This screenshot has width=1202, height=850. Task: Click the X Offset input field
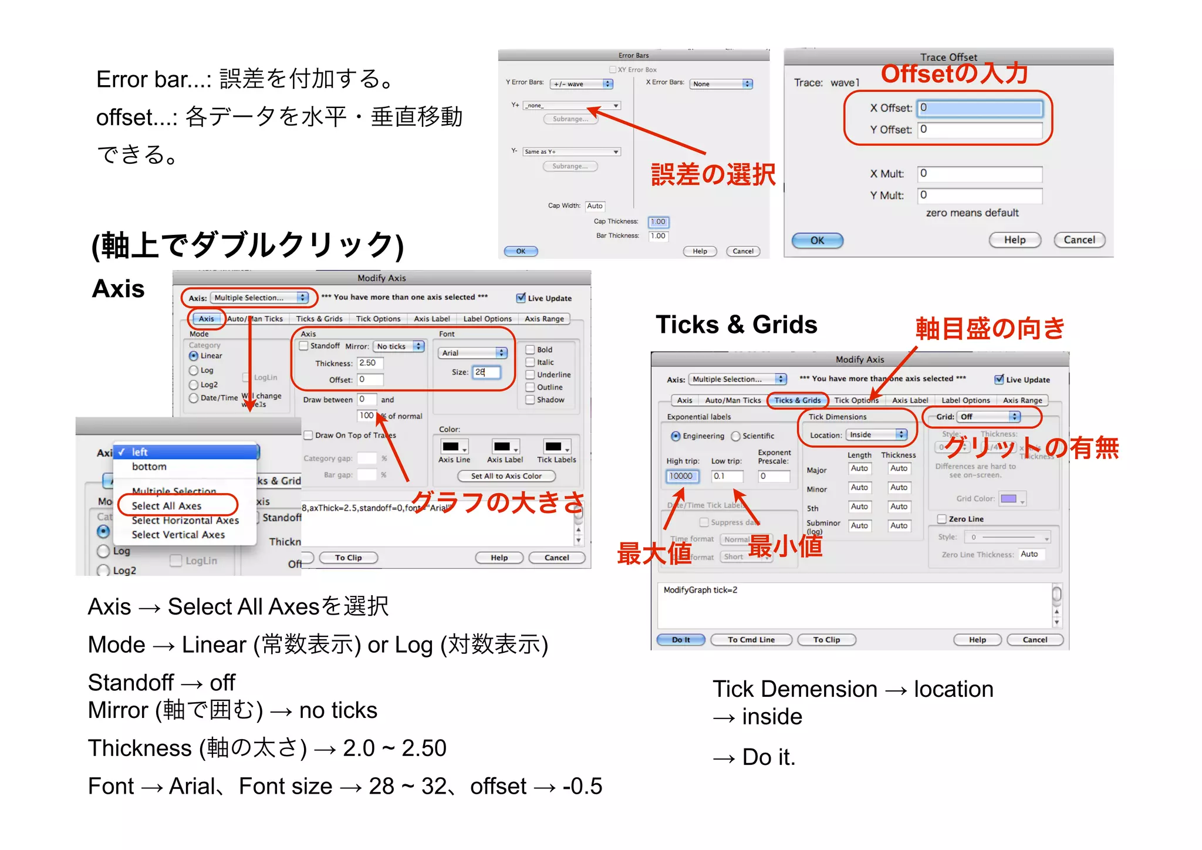click(980, 108)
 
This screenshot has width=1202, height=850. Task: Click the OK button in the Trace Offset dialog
click(817, 240)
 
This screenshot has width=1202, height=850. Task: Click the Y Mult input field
click(980, 195)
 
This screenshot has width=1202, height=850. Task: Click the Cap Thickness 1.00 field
click(658, 222)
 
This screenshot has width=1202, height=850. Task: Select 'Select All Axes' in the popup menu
click(167, 505)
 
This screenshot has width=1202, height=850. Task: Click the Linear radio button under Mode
click(194, 356)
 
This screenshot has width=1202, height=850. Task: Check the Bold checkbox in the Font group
click(530, 349)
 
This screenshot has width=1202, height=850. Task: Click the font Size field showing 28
click(487, 372)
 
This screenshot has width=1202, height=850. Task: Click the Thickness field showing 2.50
click(370, 363)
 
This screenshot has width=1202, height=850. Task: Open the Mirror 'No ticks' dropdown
click(399, 346)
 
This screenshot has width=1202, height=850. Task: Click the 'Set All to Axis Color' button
click(506, 476)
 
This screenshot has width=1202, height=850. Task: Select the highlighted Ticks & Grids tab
click(798, 400)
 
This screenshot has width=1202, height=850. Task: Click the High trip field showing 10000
click(683, 476)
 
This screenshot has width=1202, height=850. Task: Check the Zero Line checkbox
click(942, 519)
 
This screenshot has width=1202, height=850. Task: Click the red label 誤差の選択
click(713, 175)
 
